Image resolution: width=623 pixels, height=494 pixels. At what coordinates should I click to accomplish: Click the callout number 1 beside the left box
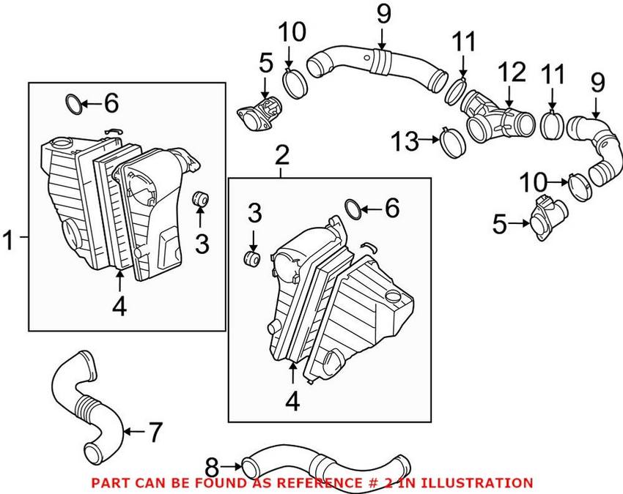(10, 239)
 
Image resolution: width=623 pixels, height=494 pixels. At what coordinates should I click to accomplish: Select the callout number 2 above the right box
(282, 156)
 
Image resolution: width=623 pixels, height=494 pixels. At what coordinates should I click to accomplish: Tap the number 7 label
(155, 433)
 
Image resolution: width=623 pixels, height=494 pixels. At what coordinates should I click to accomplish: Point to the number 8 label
(212, 465)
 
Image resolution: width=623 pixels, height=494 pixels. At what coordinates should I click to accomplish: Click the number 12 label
(512, 73)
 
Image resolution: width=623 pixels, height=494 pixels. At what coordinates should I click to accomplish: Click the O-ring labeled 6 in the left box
(73, 103)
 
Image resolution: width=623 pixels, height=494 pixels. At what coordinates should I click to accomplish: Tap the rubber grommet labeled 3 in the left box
(199, 198)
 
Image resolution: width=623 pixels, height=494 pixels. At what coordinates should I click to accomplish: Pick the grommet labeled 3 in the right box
(253, 259)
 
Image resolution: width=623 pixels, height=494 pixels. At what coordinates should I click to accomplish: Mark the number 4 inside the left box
(119, 306)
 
